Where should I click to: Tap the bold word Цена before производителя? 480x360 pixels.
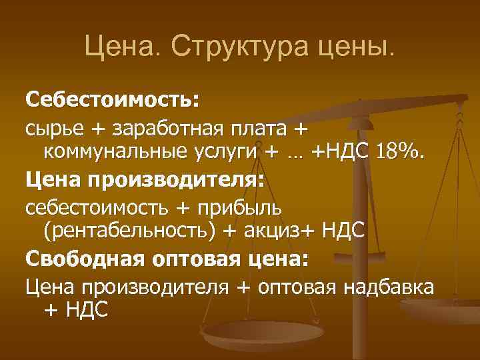[x=52, y=179]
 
